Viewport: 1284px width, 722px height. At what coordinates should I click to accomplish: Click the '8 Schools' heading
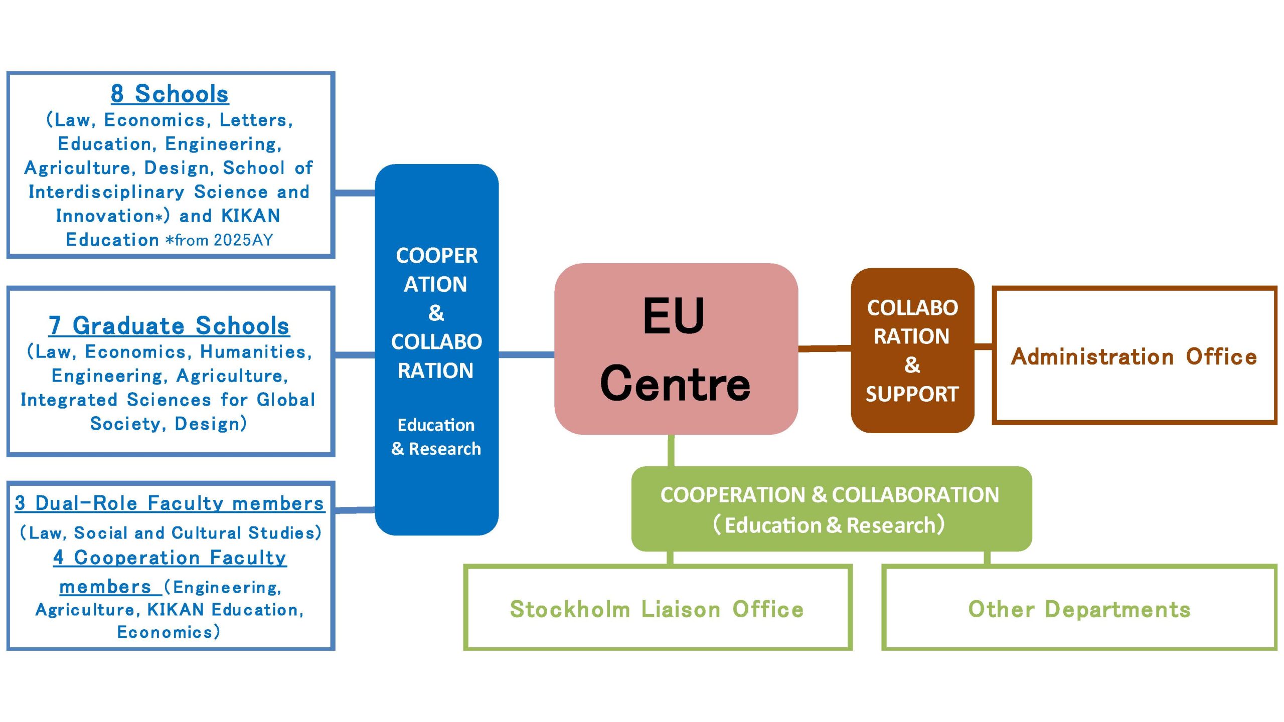point(170,94)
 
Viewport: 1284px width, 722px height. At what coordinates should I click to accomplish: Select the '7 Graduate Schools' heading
point(169,326)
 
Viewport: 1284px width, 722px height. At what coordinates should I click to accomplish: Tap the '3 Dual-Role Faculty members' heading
point(170,503)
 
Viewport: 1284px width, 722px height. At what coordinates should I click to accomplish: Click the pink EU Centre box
point(676,348)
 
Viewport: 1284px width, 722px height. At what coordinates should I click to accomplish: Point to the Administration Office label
point(1134,356)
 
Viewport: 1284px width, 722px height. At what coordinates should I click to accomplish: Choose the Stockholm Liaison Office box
point(657,609)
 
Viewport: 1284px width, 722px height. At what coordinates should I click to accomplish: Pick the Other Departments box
point(1079,609)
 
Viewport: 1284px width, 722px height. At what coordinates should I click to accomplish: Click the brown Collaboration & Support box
point(912,350)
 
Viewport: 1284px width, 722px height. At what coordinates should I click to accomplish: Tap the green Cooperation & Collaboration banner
point(831,509)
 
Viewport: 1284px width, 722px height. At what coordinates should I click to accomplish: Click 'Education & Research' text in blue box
point(436,437)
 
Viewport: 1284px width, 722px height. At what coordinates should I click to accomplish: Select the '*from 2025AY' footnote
point(219,240)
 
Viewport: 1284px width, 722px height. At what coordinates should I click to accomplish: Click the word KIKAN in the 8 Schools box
point(250,216)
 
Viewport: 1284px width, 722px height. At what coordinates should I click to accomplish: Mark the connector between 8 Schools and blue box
point(355,193)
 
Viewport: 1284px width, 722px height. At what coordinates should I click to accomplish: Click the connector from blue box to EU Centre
point(526,354)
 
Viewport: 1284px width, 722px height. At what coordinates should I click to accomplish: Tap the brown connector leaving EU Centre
point(824,347)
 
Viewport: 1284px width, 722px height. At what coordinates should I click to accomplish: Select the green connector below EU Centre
point(671,450)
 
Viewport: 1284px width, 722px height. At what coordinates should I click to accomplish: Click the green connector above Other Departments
point(987,558)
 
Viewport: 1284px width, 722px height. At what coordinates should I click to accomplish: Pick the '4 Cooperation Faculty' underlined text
point(170,558)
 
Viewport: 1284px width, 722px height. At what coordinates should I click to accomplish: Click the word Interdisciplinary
point(106,192)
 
